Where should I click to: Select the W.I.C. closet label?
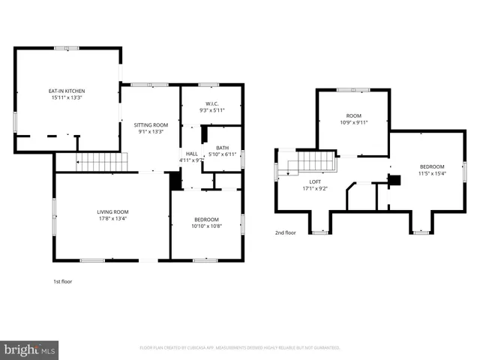point(211,103)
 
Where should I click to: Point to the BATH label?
point(222,147)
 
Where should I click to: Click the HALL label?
point(192,154)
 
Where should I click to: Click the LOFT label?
point(315,181)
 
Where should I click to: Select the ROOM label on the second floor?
point(352,115)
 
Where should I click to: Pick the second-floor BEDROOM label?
point(432,166)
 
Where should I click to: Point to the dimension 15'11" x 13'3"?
point(67,97)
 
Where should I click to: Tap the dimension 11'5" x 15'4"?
point(432,172)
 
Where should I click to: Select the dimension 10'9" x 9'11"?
point(352,122)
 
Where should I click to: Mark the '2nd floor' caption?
point(285,233)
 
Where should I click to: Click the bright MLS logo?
point(30,349)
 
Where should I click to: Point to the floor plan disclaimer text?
point(240,348)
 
